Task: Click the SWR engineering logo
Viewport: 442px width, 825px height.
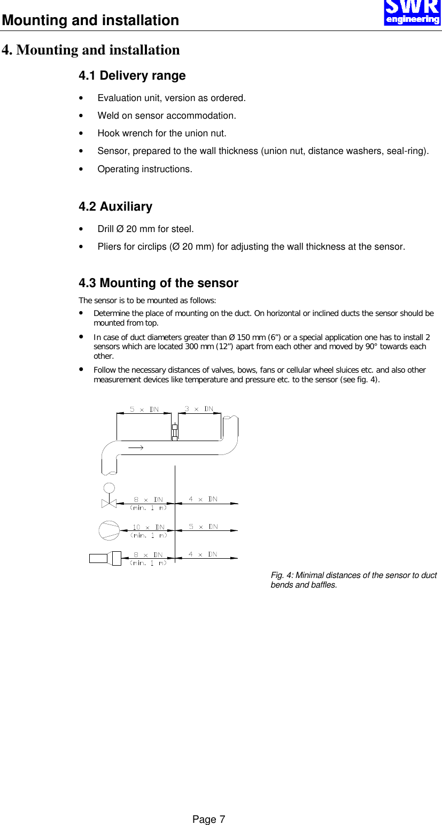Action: (x=412, y=13)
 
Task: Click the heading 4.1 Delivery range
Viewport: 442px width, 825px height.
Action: (x=132, y=76)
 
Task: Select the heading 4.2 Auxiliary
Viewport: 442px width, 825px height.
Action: (x=115, y=206)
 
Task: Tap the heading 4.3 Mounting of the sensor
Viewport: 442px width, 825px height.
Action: (x=158, y=283)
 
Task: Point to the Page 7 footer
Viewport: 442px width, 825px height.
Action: (x=209, y=819)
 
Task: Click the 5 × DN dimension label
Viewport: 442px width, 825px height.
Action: (x=144, y=409)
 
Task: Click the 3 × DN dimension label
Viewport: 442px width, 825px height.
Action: (x=199, y=409)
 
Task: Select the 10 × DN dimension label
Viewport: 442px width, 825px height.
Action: (x=149, y=527)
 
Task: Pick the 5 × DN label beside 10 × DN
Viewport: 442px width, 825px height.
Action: (x=203, y=527)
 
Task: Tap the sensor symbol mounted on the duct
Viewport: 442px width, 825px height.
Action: (x=174, y=431)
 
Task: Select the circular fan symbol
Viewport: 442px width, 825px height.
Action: (x=110, y=530)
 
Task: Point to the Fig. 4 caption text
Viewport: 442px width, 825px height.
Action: (x=353, y=580)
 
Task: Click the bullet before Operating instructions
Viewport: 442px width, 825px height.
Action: (x=81, y=169)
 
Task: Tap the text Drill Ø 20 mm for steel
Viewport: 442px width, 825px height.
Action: (x=145, y=229)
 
